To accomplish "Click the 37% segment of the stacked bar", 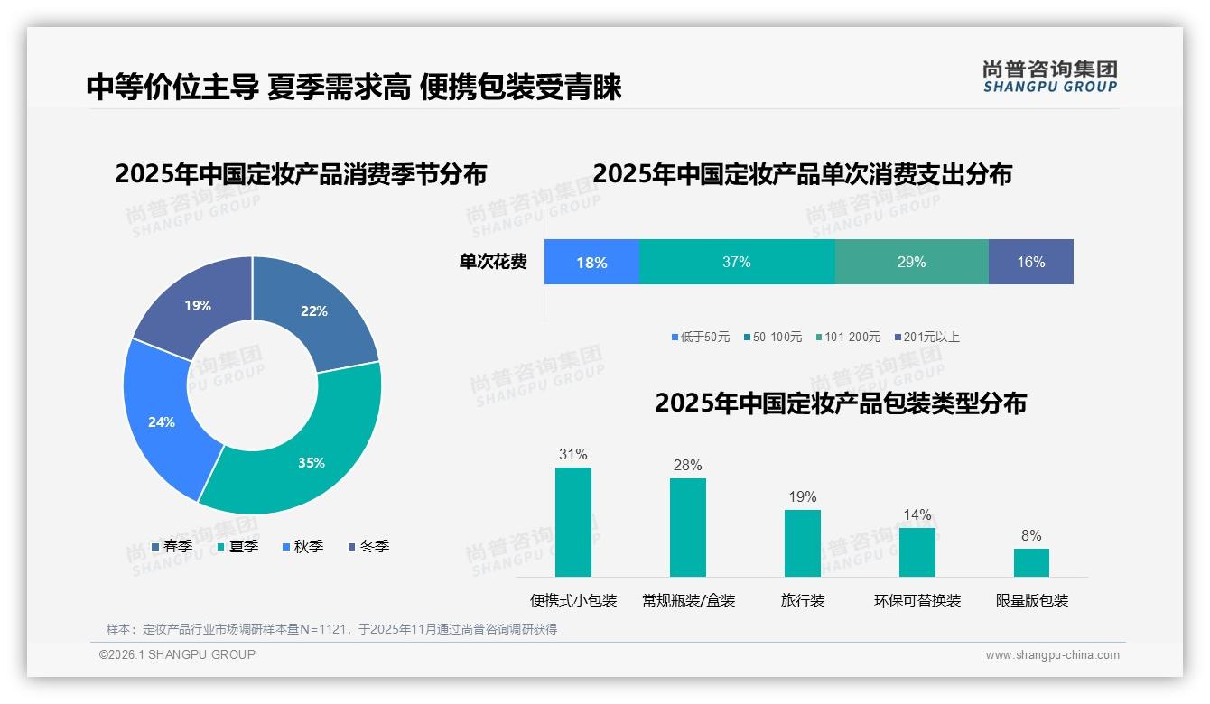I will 736,262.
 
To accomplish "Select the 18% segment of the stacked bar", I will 591,263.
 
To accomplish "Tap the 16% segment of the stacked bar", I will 1030,262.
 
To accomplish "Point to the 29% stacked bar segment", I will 911,262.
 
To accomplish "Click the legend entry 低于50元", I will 701,337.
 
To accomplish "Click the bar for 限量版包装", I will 1031,562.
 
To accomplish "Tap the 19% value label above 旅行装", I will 802,496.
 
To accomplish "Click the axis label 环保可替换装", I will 917,600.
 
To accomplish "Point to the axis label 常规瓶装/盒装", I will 688,600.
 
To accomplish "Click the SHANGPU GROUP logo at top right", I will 1049,76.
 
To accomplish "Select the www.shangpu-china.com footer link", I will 1052,654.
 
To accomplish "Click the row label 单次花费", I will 493,262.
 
